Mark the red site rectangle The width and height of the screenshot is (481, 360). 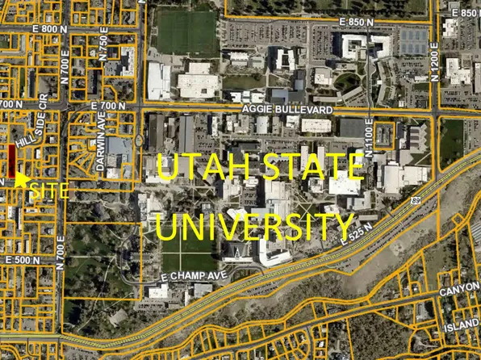point(12,161)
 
